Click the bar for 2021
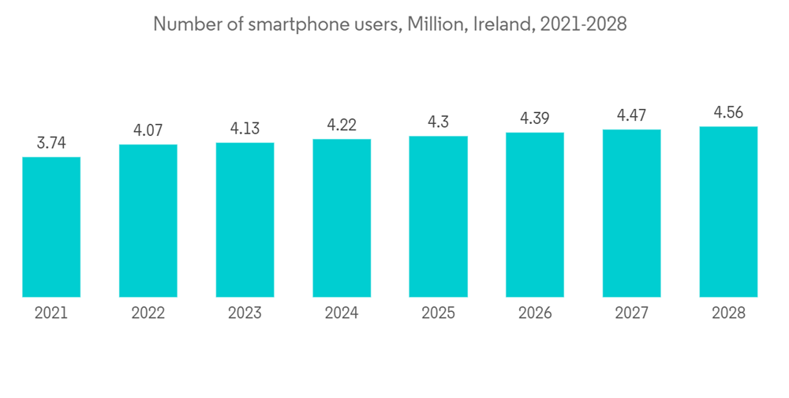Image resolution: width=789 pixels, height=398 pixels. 51,227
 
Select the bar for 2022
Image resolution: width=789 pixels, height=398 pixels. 148,220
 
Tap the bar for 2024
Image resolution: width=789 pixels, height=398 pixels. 342,218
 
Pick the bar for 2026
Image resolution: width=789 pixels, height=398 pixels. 535,215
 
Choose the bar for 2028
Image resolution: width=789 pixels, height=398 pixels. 728,212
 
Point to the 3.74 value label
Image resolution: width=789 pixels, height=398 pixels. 51,143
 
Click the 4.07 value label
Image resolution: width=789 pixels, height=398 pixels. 148,130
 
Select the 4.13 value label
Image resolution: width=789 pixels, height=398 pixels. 245,129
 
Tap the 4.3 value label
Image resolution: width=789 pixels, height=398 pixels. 438,122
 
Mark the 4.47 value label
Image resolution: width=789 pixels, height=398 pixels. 631,115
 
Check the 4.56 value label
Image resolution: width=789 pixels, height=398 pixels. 728,112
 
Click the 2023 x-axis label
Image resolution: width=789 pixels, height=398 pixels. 245,314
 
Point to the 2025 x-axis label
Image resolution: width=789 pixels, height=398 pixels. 438,314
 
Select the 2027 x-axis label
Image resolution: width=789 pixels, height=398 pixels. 631,314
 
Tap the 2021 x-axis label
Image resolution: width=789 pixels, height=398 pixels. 51,314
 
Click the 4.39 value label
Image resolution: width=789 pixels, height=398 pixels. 535,118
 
